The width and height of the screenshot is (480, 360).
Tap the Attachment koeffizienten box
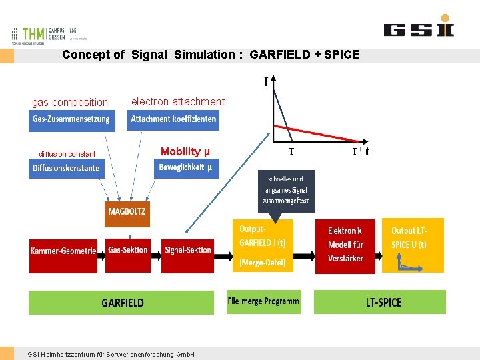[173, 120]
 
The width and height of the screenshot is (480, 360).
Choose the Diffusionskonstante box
[66, 168]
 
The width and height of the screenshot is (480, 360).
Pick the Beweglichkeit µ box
[186, 167]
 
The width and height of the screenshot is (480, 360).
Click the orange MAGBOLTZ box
[127, 214]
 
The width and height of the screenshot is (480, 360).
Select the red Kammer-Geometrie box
[63, 251]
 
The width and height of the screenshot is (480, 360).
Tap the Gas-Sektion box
[127, 251]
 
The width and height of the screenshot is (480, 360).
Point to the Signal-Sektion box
[188, 251]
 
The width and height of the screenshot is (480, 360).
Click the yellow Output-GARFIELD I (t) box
[262, 245]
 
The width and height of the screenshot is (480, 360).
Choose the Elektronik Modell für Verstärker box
[345, 245]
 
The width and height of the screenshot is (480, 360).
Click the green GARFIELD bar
[123, 303]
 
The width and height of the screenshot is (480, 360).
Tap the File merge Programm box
[263, 301]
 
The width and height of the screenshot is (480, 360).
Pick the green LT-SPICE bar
[379, 303]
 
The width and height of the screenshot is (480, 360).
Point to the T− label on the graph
[293, 152]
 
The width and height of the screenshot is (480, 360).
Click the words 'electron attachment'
[178, 101]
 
